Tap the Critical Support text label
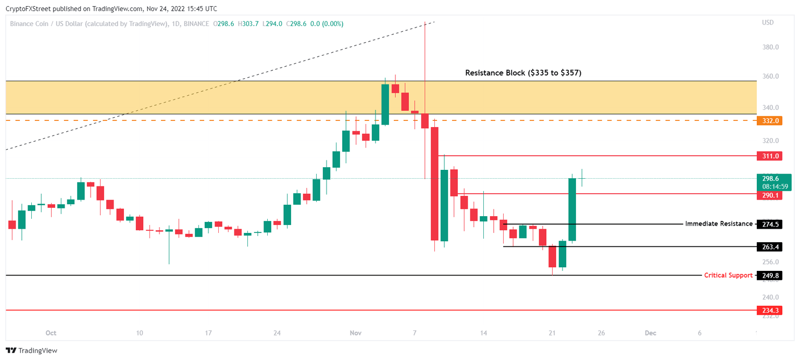click(728, 275)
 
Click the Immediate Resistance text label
click(719, 224)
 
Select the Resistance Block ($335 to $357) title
click(523, 73)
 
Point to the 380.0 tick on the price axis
click(770, 47)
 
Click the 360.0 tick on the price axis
click(770, 76)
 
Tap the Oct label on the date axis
click(51, 333)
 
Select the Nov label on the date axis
click(356, 333)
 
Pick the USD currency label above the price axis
click(768, 22)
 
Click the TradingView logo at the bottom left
click(32, 351)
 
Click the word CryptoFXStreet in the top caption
click(28, 8)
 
